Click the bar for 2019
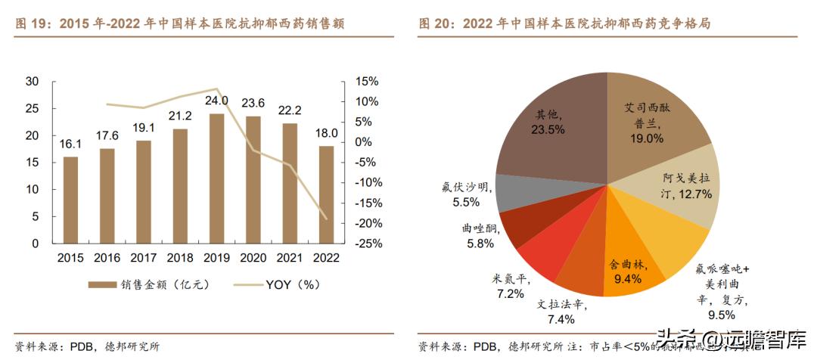216,178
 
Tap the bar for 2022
326,194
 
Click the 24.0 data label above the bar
216,101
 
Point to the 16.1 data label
70,144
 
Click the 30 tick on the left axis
32,81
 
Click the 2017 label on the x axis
143,258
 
